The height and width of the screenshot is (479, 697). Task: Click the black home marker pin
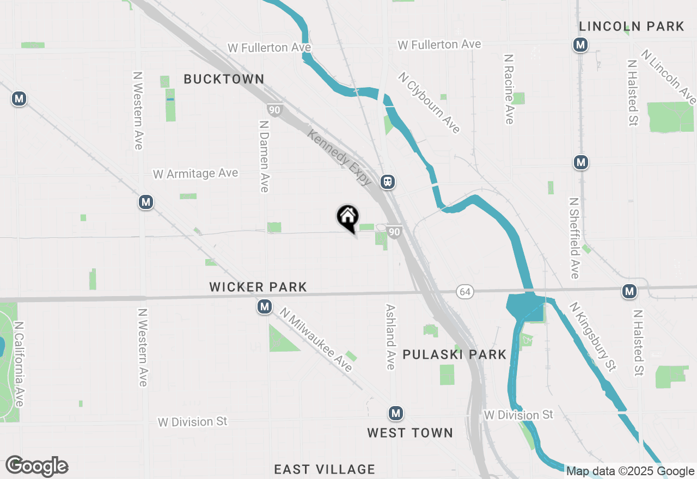(x=347, y=218)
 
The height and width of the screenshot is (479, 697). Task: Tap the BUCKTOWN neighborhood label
(x=224, y=79)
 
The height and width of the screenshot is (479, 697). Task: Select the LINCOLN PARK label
(x=632, y=26)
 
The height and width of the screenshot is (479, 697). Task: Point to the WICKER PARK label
(x=258, y=287)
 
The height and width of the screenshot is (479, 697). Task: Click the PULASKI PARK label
(x=455, y=354)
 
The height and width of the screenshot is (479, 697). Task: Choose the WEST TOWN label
(x=410, y=433)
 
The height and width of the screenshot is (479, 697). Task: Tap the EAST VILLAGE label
(x=325, y=469)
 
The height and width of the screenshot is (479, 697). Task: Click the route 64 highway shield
(x=464, y=292)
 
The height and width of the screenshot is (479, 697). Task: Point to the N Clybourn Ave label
(x=429, y=103)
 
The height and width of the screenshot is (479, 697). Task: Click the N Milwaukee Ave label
(x=316, y=340)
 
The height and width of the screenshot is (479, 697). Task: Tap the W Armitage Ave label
(x=195, y=174)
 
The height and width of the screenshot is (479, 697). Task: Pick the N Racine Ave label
(x=509, y=89)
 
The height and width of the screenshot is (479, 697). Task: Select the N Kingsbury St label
(x=593, y=336)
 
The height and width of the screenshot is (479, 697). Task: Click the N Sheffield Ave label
(x=574, y=238)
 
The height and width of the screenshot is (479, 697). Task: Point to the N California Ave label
(x=19, y=364)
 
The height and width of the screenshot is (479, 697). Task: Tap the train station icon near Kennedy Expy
(x=388, y=182)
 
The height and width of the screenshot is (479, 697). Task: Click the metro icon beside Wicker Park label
(x=265, y=307)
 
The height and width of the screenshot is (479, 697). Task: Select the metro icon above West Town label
(x=396, y=414)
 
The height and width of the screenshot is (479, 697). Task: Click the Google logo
(x=37, y=466)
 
